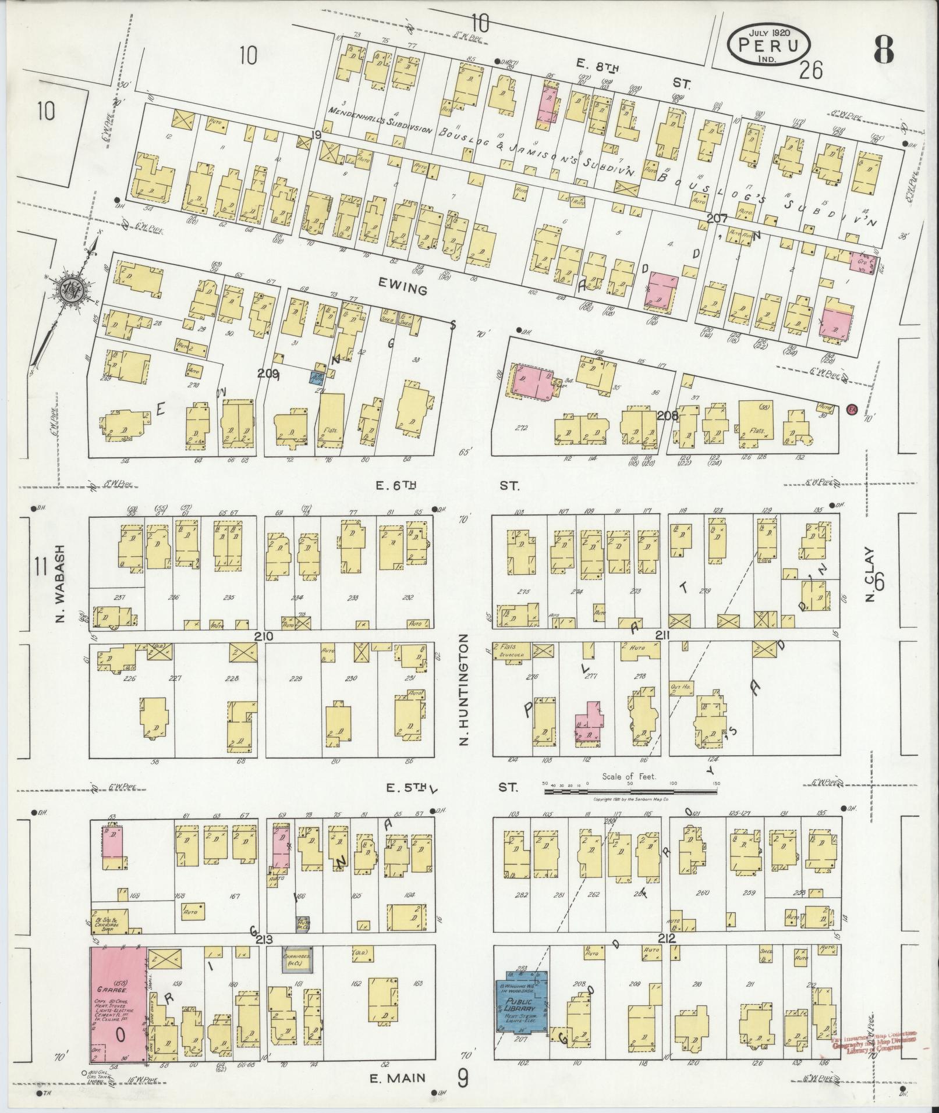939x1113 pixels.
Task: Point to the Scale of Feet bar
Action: pos(631,791)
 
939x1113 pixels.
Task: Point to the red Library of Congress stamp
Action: pos(873,1041)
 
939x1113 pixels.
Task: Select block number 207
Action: pos(718,218)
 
